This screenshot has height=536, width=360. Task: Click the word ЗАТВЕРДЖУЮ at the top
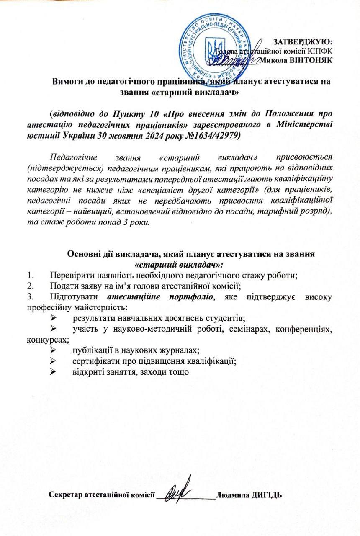pos(302,41)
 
